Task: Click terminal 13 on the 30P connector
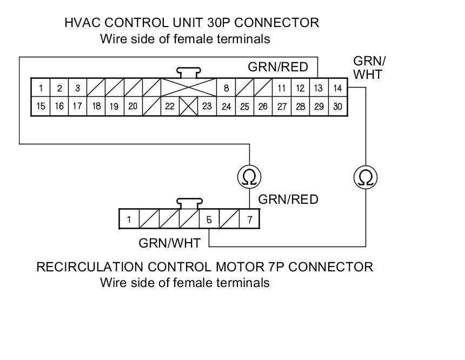click(318, 88)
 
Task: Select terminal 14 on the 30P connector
click(337, 88)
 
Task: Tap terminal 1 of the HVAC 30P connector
click(41, 88)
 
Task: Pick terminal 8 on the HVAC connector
click(226, 88)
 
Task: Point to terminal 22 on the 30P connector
click(170, 106)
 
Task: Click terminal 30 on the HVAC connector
click(337, 106)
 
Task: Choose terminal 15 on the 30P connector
click(41, 106)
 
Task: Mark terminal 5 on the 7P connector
click(209, 219)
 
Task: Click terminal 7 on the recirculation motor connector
click(249, 219)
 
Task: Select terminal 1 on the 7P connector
click(129, 219)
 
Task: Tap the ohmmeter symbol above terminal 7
click(249, 177)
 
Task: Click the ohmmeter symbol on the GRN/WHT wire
click(365, 177)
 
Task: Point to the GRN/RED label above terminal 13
click(278, 67)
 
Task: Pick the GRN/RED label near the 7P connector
click(288, 199)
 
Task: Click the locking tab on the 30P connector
click(189, 72)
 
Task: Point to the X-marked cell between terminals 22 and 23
click(189, 106)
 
